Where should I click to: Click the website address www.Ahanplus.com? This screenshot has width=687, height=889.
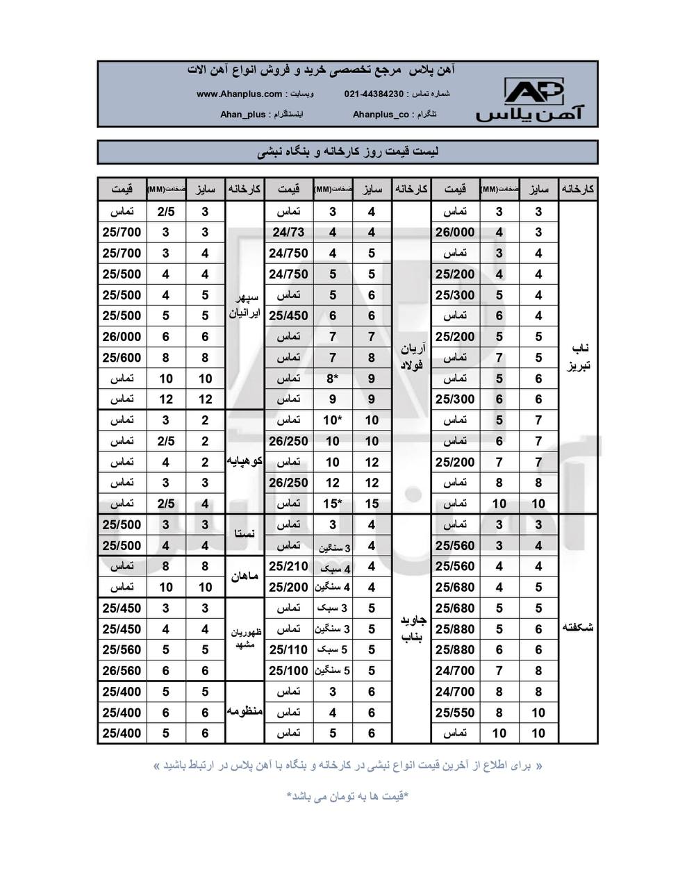[240, 94]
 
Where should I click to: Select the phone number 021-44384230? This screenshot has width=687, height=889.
[374, 94]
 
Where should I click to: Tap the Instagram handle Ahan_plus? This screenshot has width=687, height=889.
[242, 115]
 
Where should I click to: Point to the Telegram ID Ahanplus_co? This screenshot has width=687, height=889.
[381, 115]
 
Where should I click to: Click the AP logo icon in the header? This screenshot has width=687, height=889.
[533, 92]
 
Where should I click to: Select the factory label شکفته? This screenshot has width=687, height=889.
[579, 628]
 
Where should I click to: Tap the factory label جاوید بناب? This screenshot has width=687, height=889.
[412, 628]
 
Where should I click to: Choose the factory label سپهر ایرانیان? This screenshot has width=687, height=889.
[245, 306]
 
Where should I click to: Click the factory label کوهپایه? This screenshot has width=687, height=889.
[245, 461]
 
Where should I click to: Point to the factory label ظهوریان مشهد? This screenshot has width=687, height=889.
[245, 638]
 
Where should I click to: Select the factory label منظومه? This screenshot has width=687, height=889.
[245, 711]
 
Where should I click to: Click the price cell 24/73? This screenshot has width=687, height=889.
[288, 233]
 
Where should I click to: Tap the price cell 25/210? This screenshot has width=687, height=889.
[288, 566]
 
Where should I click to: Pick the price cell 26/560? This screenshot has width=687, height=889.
[122, 670]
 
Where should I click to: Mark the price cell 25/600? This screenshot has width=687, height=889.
[122, 358]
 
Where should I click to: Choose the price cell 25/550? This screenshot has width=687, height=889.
[455, 712]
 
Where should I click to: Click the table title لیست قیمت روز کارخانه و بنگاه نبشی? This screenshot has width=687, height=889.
[347, 151]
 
